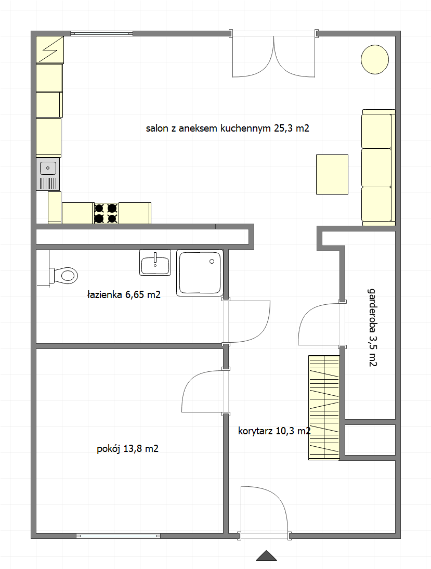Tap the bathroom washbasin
155,262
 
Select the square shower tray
200,273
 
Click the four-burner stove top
106,213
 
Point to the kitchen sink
48,174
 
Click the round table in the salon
375,59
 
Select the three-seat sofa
378,167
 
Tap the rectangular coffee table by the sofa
332,174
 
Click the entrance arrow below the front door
266,555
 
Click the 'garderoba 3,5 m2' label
373,327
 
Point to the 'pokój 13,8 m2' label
128,449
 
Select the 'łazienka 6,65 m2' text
124,295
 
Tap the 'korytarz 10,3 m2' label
275,431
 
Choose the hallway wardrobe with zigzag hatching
324,408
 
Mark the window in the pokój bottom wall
118,536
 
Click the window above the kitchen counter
101,34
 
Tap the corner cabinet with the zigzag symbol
50,50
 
